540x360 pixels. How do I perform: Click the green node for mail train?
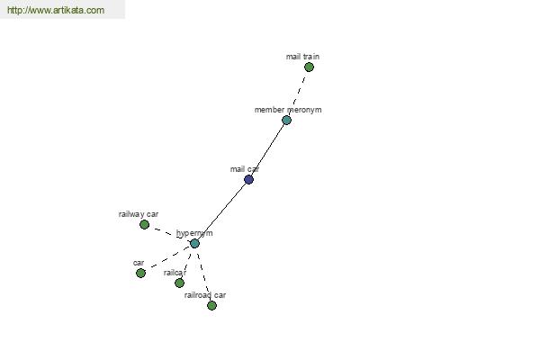tap(309, 67)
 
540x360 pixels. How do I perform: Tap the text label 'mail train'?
tap(302, 57)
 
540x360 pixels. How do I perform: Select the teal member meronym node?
tap(286, 120)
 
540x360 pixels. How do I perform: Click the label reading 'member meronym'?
tap(287, 110)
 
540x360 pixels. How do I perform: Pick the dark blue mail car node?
tap(248, 179)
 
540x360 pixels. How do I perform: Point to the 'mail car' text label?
tap(244, 169)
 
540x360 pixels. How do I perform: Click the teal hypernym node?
tap(194, 243)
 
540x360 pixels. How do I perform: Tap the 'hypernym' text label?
tap(193, 233)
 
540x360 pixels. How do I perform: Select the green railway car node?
tap(144, 224)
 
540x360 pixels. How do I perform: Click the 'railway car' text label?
tap(138, 214)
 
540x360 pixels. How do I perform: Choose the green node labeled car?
tap(140, 273)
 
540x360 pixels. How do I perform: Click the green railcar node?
tap(179, 283)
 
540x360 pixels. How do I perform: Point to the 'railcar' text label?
tap(175, 273)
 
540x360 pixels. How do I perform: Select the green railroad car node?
tap(211, 305)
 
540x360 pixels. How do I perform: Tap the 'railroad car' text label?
tap(205, 295)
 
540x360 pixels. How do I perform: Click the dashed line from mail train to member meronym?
tap(298, 93)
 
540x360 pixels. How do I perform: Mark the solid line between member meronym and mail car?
tap(267, 149)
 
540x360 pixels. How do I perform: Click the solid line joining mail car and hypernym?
tap(221, 211)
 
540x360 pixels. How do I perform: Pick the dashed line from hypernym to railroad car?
tap(203, 275)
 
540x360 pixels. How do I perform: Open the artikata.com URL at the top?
tap(55, 10)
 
